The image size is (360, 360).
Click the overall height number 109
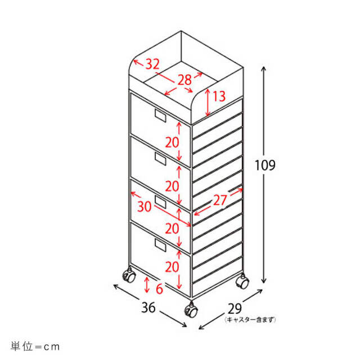[x=265, y=165]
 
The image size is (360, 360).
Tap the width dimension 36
[x=148, y=308]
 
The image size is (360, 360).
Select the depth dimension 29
[x=235, y=309]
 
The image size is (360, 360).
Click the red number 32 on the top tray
[x=152, y=64]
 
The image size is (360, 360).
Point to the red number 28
[x=184, y=80]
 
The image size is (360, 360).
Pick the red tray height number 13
[x=219, y=96]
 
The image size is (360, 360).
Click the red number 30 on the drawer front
[x=145, y=206]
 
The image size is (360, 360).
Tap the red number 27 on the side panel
[x=220, y=200]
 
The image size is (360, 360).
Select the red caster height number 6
[x=159, y=289]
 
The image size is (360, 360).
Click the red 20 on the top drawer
[x=172, y=142]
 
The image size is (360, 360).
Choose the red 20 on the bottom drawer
[x=172, y=267]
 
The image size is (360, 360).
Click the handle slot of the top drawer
[x=160, y=115]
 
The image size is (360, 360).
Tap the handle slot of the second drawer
[x=160, y=159]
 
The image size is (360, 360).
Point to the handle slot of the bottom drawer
[x=160, y=245]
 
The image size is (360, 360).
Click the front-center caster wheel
[x=191, y=310]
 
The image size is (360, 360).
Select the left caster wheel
[x=129, y=275]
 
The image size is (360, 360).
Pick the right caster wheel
[x=242, y=281]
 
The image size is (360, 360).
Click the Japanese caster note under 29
[x=250, y=319]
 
